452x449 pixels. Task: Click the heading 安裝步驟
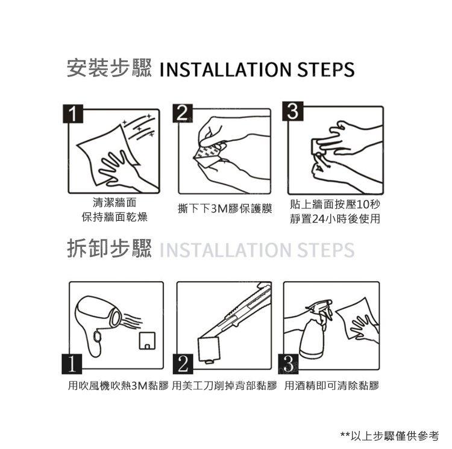109,68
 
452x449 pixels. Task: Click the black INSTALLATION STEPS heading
257,69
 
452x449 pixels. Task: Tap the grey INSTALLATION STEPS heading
257,250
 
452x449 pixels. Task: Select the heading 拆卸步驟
109,248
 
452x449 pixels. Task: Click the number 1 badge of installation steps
73,114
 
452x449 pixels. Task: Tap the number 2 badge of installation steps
183,113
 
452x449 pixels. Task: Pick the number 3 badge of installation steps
292,111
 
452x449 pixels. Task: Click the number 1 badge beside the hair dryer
72,364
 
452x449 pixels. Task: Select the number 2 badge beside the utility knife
183,364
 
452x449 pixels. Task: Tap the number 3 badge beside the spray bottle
288,364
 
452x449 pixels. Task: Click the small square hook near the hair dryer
147,341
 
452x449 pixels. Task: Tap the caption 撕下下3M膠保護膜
225,209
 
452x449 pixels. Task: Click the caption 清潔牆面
115,203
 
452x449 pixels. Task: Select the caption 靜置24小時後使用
335,219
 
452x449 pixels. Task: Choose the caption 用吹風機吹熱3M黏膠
118,386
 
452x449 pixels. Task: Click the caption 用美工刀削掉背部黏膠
224,386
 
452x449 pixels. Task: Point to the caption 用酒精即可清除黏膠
331,386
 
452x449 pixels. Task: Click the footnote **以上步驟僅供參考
390,436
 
